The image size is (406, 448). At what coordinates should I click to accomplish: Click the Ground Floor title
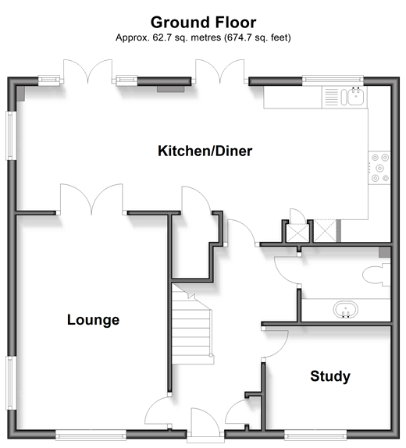point(203,23)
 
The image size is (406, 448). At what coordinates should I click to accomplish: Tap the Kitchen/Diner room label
point(205,151)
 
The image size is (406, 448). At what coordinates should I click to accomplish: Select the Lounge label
point(93,320)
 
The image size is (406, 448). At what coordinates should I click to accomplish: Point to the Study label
point(330,376)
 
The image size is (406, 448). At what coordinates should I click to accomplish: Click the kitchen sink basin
point(356,96)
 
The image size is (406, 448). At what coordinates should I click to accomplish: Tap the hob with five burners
point(379,168)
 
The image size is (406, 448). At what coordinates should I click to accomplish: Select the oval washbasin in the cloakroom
point(345,309)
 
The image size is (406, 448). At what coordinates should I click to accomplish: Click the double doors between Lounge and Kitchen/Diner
point(91,197)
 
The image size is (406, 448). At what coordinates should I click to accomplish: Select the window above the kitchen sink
point(333,80)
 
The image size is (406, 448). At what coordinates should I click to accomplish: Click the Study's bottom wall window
point(315,434)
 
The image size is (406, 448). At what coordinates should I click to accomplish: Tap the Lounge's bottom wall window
point(91,434)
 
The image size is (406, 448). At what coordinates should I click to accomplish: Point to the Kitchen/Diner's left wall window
point(11,136)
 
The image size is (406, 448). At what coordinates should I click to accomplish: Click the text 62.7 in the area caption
point(162,37)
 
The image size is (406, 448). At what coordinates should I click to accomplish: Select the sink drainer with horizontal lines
point(331,97)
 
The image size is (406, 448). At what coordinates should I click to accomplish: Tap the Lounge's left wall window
point(11,383)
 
